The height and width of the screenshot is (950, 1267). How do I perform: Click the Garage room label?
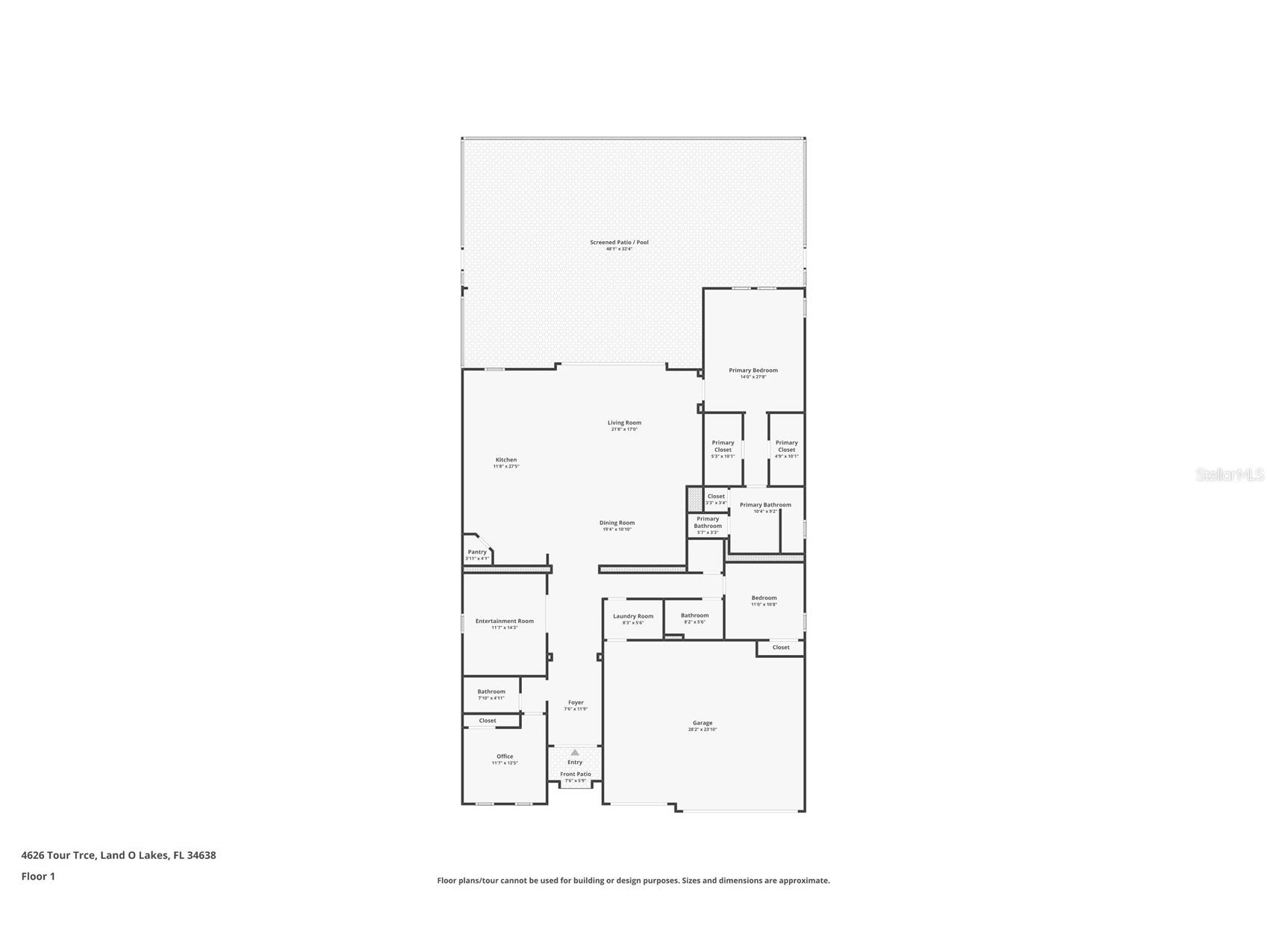tap(702, 723)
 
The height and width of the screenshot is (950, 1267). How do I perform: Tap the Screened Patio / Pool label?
tap(619, 243)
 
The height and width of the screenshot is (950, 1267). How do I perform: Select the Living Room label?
tap(624, 423)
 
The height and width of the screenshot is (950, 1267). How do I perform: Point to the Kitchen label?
tap(506, 460)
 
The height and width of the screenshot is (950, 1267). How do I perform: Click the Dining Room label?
tap(617, 524)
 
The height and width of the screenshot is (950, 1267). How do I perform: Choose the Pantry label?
tap(477, 553)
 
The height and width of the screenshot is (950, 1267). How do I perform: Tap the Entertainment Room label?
tap(505, 621)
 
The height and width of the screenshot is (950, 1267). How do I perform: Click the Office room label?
tap(505, 757)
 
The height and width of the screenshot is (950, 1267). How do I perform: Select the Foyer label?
tap(576, 703)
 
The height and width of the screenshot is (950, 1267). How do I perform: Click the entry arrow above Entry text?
tap(575, 753)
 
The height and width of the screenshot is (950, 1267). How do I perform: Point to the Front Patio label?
tap(576, 774)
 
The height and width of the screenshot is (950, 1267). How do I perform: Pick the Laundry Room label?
tap(633, 616)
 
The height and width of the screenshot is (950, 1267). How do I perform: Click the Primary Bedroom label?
tap(753, 370)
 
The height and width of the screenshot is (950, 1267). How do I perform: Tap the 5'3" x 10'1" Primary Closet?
tap(723, 447)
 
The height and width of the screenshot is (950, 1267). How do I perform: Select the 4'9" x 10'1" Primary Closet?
tap(786, 447)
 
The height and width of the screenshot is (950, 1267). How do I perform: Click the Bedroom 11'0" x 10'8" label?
tap(764, 598)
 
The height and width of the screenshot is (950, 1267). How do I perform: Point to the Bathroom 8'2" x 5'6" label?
tap(694, 616)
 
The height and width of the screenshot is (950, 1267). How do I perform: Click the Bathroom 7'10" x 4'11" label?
tap(491, 692)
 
